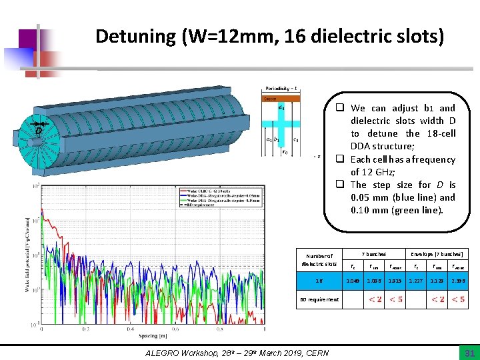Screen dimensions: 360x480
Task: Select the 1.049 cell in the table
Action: (x=353, y=281)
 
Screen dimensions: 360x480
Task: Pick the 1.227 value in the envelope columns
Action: (x=415, y=281)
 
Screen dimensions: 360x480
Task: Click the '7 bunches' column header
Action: (x=374, y=254)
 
